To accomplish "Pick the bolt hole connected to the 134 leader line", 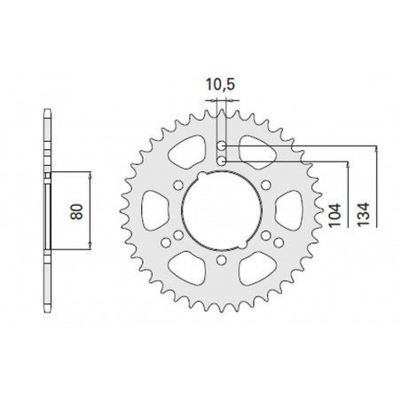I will pos(221,145).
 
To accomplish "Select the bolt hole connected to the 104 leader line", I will pos(221,160).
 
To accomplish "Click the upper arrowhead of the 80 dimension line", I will pos(89,174).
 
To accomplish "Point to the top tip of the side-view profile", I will pos(46,113).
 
